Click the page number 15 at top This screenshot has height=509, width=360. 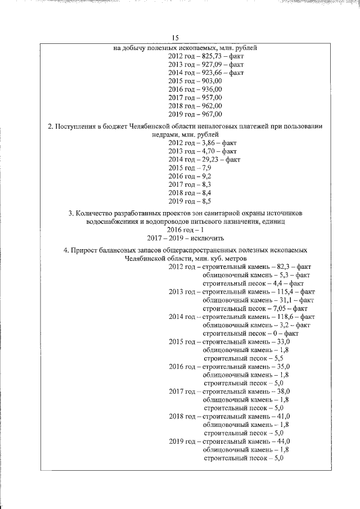[175, 38]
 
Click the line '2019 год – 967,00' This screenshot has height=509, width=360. [195, 114]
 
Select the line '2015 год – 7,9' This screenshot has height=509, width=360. [191, 168]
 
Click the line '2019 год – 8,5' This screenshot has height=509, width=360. [191, 201]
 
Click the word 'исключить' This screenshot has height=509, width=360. [206, 238]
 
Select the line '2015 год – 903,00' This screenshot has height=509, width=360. [195, 81]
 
